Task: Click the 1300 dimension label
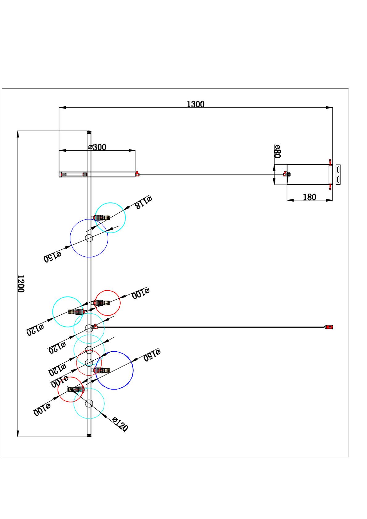196,104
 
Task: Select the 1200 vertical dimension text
20,284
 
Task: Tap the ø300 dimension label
97,147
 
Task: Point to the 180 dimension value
309,197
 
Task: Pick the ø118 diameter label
143,202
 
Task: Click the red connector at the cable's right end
329,327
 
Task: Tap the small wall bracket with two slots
338,174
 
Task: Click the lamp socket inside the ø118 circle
102,217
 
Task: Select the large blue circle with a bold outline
114,370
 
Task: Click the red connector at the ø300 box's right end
138,174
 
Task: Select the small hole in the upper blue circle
89,238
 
